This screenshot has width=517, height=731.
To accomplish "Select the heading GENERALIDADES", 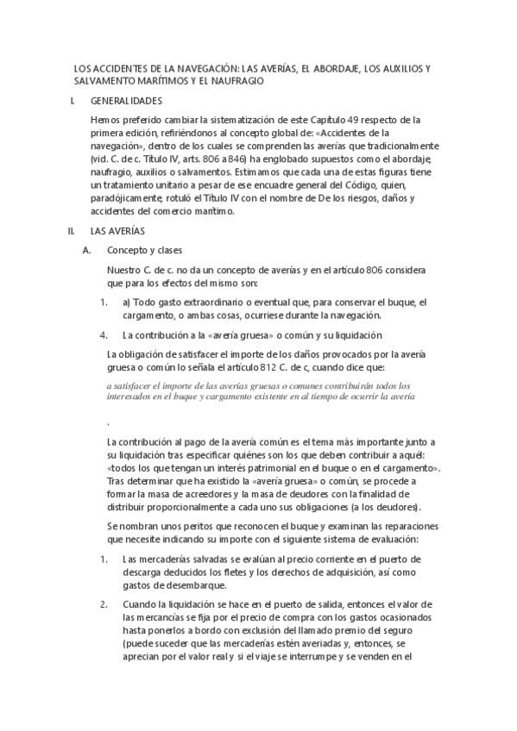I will click(x=132, y=101).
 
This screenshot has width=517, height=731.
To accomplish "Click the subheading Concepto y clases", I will click(x=143, y=250).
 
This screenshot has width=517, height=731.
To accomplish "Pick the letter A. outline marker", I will click(x=85, y=250).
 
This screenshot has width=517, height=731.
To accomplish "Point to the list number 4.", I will click(x=103, y=334).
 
